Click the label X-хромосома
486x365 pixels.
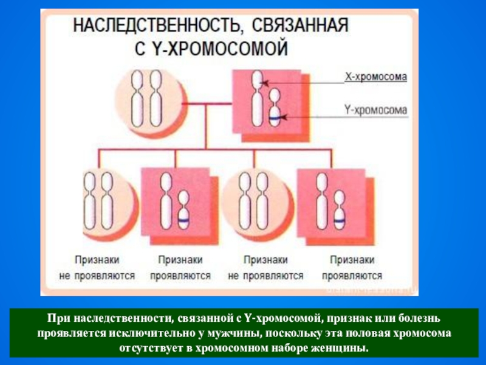pos(375,77)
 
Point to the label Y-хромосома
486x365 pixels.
pos(375,110)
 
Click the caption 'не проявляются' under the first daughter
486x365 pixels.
pos(97,276)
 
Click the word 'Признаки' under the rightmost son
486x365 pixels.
pos(351,260)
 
